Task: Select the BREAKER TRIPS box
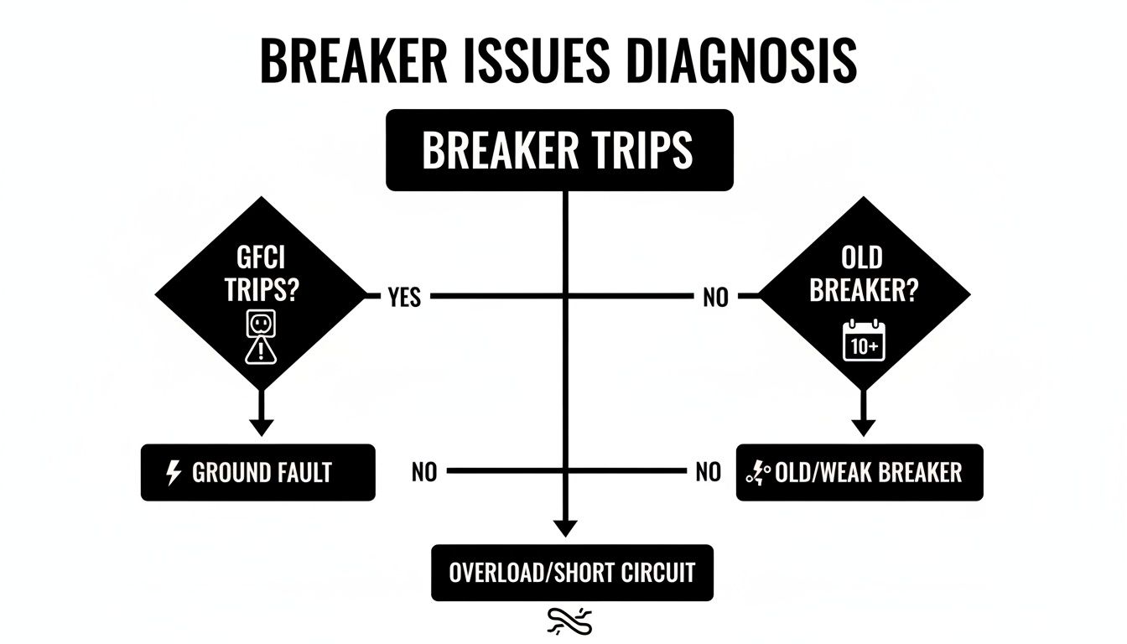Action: tap(559, 150)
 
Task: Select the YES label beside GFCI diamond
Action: tap(405, 297)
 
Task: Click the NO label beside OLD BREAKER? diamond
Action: tap(715, 297)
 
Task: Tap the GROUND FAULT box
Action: tap(257, 473)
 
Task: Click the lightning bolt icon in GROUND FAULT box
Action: tap(174, 473)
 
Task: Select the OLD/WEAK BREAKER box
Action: tap(859, 473)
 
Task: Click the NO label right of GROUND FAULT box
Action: tap(424, 473)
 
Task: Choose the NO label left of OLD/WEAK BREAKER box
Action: tap(709, 473)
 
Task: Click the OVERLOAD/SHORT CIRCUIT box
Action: tap(572, 573)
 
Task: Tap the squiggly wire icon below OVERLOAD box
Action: tap(570, 621)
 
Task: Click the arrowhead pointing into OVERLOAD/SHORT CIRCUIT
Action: tap(566, 528)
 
